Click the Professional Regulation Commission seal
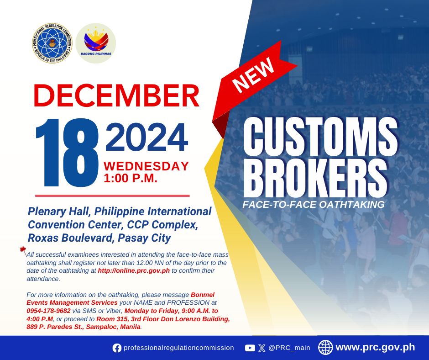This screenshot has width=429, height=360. click(x=52, y=43)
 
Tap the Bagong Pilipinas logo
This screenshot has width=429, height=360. click(x=96, y=43)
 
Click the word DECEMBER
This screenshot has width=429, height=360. click(x=116, y=95)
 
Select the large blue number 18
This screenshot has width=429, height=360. click(x=67, y=153)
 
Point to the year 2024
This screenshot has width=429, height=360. click(x=146, y=137)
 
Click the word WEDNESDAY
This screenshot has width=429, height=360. click(x=146, y=166)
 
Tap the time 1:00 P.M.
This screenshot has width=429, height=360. click(x=131, y=178)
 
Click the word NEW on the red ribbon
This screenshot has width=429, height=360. click(x=253, y=75)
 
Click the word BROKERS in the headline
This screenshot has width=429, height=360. click(x=315, y=178)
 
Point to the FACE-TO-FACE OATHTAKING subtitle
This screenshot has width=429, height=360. click(x=314, y=205)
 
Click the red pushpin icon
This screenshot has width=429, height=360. click(x=23, y=251)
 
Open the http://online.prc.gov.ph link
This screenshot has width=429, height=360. click(x=134, y=270)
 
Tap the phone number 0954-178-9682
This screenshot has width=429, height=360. click(x=48, y=311)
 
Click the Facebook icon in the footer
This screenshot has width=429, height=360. click(x=117, y=348)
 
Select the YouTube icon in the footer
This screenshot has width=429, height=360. click(x=250, y=348)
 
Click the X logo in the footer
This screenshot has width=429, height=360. click(x=262, y=348)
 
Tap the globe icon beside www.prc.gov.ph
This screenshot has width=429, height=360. click(x=325, y=347)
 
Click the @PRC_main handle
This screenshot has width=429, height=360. click(x=289, y=348)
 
